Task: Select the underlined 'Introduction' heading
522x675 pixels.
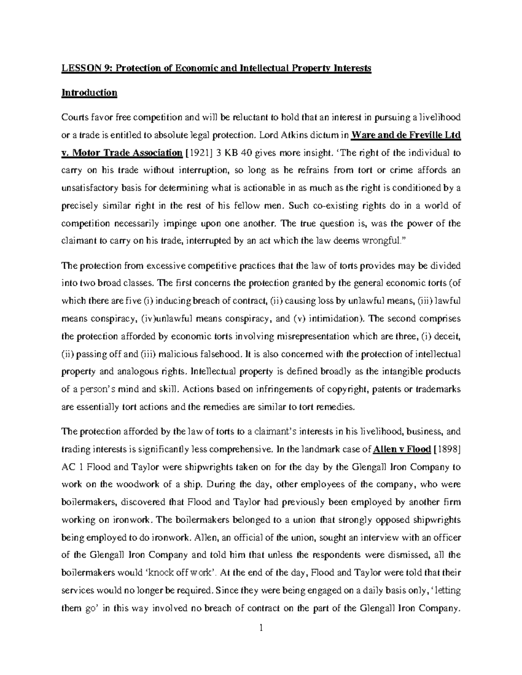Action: pyautogui.click(x=89, y=93)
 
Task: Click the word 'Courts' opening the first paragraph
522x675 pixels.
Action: pyautogui.click(x=74, y=117)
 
